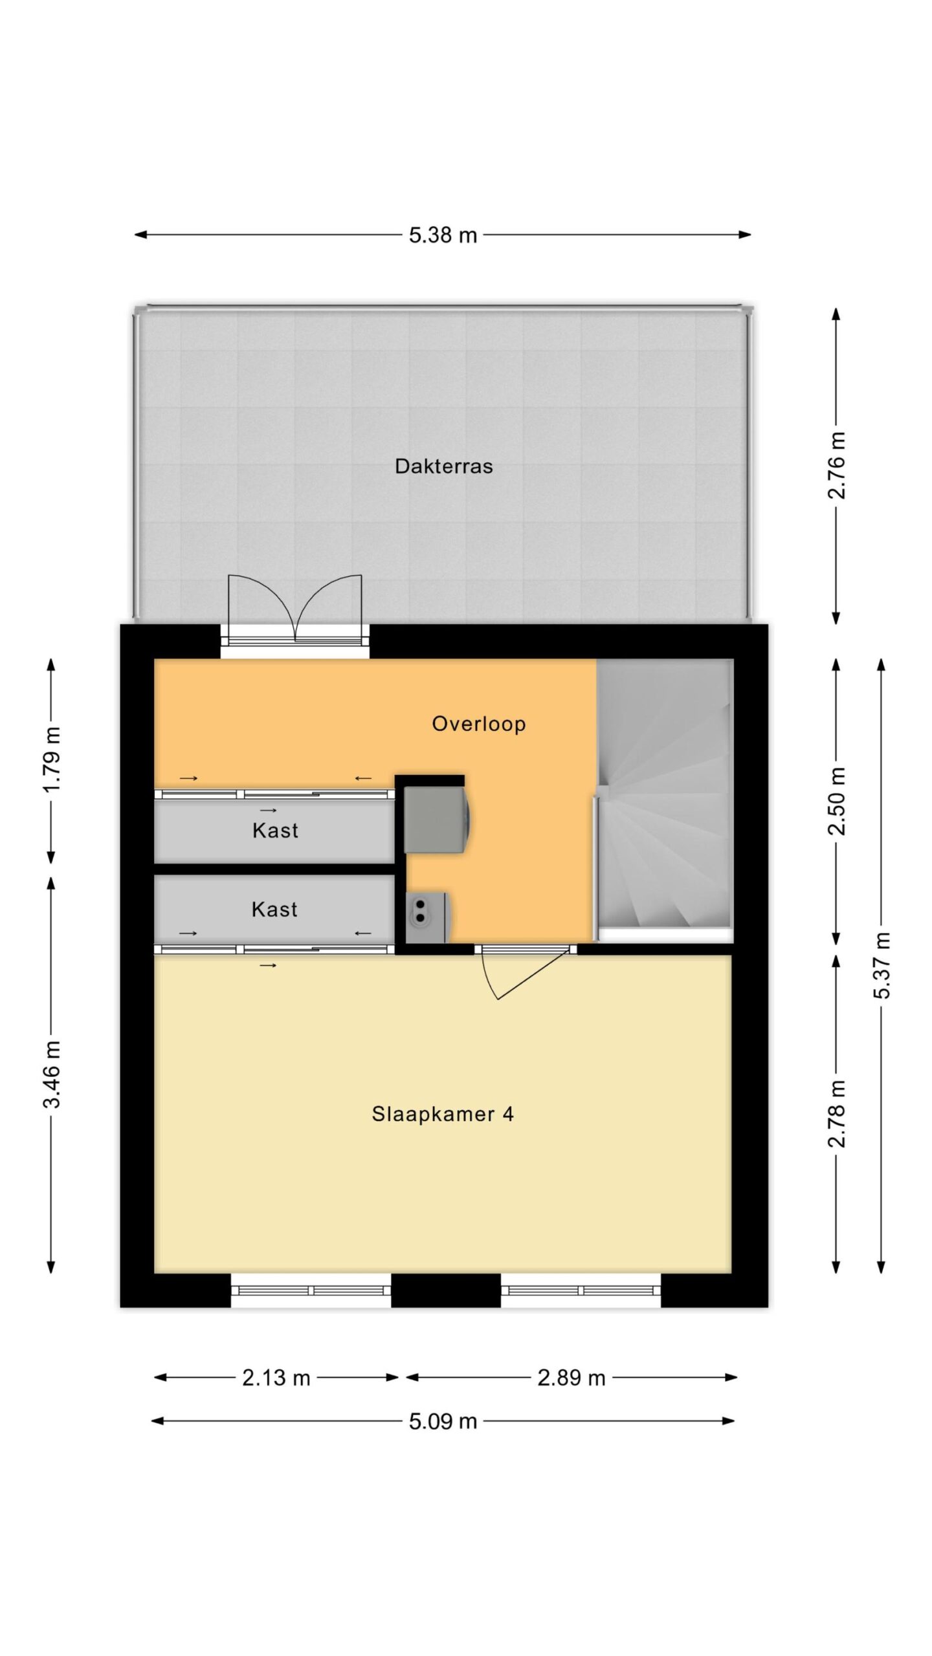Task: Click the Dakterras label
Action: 443,466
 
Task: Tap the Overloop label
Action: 478,724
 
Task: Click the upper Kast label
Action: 275,830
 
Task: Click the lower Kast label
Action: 274,909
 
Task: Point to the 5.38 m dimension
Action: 443,235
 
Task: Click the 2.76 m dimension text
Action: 837,465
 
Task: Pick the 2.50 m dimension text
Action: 837,801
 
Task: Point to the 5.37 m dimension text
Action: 882,965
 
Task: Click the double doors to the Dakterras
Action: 295,611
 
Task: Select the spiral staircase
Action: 664,801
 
